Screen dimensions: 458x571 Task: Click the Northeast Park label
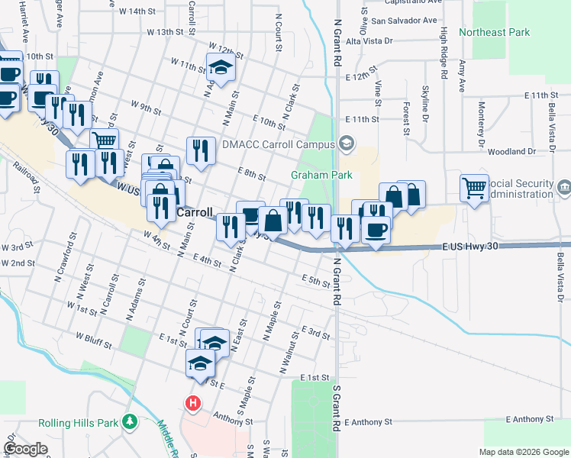click(x=494, y=32)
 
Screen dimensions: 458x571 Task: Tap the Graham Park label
click(x=321, y=175)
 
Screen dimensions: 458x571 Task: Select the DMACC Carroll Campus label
click(x=278, y=144)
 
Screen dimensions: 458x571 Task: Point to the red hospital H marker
click(x=193, y=402)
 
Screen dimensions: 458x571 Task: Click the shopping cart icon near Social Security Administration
click(x=474, y=187)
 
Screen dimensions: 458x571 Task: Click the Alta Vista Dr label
click(x=369, y=41)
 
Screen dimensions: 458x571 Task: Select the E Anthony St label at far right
click(x=527, y=420)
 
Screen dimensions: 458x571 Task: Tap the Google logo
click(x=26, y=450)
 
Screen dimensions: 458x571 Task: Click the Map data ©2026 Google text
click(x=524, y=452)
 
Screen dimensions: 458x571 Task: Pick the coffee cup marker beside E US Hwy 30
click(x=375, y=229)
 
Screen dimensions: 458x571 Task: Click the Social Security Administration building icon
click(x=563, y=187)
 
